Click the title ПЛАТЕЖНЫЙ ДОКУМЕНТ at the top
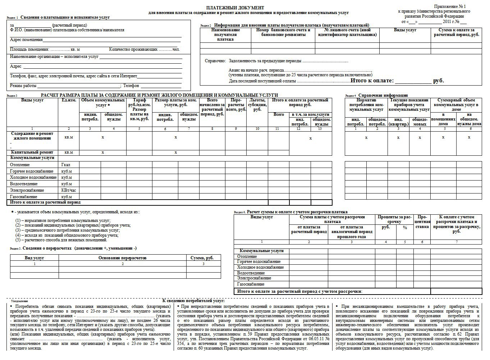click(x=235, y=8)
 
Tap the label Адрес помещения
click(x=26, y=40)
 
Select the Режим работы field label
click(x=23, y=86)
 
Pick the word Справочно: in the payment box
click(x=215, y=61)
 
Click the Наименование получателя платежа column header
click(x=225, y=35)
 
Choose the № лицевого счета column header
click(x=347, y=32)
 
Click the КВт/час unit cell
click(x=68, y=190)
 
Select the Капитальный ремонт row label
click(x=32, y=152)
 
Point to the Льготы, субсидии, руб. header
click(x=257, y=105)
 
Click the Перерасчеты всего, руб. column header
click(x=236, y=105)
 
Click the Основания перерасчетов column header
click(x=122, y=258)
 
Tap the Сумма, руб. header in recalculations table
click(x=203, y=258)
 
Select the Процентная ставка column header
click(x=422, y=222)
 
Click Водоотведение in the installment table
click(x=251, y=273)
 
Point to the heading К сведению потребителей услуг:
click(x=193, y=300)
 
